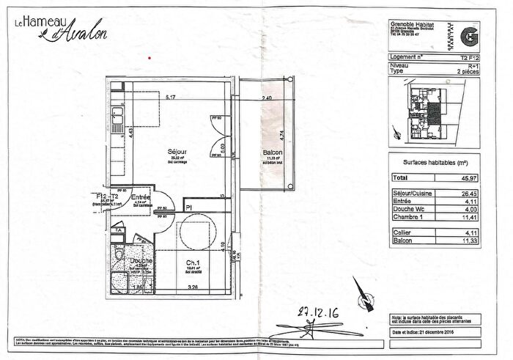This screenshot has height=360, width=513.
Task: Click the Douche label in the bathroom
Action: tap(141, 260)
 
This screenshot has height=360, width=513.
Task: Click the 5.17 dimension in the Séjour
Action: tap(171, 98)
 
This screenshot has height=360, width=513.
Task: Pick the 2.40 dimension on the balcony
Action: tap(267, 98)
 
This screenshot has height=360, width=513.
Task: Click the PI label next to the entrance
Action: tap(188, 208)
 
